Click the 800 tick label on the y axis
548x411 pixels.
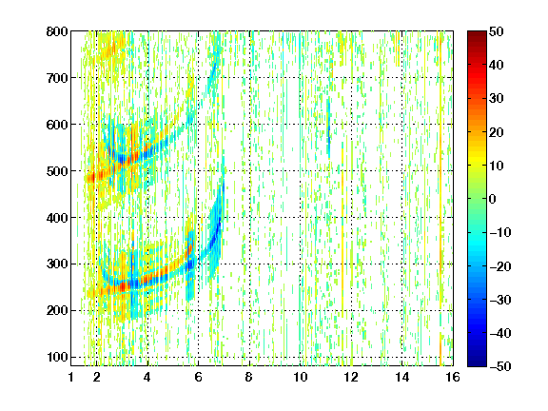point(57,31)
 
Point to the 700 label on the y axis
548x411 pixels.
point(57,78)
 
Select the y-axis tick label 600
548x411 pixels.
point(57,125)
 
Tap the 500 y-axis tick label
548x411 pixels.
point(57,171)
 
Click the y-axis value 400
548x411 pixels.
point(57,218)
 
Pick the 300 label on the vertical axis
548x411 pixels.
point(57,264)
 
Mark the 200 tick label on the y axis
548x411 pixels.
point(57,311)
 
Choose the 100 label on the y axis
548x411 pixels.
point(57,357)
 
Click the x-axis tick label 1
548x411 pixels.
point(71,377)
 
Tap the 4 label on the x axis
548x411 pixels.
point(147,377)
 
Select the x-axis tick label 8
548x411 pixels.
point(249,377)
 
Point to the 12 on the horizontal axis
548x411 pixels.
point(351,377)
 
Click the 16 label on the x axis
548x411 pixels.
point(453,377)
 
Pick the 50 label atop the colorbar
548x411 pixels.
point(497,31)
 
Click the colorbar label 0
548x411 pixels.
point(493,199)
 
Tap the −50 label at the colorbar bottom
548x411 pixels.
point(500,366)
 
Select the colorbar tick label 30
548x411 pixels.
point(497,98)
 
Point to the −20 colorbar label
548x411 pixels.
point(500,266)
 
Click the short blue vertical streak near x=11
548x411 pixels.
point(328,128)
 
